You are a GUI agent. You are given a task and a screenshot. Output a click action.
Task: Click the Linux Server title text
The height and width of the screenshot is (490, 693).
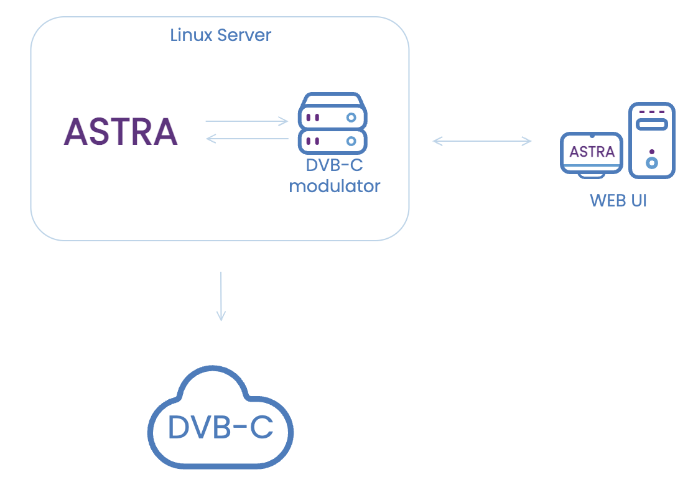coord(220,35)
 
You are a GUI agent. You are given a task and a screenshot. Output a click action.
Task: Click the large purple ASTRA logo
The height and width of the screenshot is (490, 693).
coord(121,131)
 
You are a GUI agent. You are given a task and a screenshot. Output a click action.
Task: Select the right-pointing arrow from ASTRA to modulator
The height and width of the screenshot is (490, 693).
coord(246,121)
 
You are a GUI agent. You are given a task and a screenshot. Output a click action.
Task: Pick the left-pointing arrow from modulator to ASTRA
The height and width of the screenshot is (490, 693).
coord(246,139)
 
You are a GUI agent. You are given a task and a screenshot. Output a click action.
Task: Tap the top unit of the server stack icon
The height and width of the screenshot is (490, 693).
coord(332,116)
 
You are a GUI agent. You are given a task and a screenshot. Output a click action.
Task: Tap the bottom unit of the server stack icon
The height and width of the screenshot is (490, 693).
coord(332,141)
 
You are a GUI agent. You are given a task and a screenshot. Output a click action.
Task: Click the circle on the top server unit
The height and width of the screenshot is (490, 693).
coord(351,117)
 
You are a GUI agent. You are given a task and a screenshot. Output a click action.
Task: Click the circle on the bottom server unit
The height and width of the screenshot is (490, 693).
coord(351,141)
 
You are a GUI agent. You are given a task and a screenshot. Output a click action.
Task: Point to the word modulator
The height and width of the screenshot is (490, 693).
coord(335,185)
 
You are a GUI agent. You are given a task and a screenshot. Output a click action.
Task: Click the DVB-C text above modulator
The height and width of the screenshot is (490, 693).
coord(334,165)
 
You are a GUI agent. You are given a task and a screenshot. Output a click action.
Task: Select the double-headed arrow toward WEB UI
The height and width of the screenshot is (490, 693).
coord(482,141)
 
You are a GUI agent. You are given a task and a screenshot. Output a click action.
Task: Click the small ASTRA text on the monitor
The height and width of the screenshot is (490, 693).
coord(592,152)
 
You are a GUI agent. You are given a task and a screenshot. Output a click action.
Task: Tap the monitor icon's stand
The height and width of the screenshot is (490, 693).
coord(591,174)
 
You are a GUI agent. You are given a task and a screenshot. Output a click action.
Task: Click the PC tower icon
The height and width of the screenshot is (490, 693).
coord(651,141)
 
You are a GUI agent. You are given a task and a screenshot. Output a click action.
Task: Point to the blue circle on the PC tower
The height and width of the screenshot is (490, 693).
coord(651,163)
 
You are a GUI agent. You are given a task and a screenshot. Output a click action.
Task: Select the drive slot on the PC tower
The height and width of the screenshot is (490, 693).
coord(651,124)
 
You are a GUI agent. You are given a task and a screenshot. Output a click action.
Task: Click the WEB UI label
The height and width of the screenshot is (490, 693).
coord(618,201)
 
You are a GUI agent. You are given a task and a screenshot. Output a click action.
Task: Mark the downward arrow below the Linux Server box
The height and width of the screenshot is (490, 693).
coord(220,295)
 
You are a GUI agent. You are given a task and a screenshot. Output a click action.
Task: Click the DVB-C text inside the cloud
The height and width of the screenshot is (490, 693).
coord(220,427)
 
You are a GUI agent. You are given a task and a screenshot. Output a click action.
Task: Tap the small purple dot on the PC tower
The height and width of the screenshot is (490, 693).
coord(651,151)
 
